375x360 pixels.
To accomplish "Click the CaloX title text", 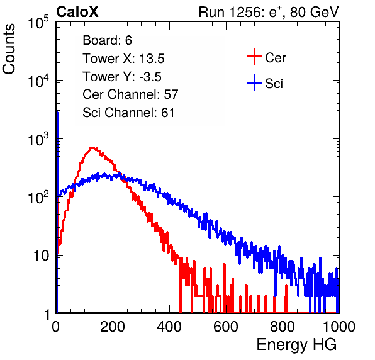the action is coord(77,12).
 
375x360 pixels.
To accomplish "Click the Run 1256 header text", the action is coord(269,12).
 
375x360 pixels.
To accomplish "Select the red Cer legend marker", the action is coord(254,57).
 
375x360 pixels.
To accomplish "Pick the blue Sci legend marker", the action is coord(254,82).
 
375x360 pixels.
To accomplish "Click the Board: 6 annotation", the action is coord(107,40).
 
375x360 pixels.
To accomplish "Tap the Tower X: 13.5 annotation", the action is coord(123,59).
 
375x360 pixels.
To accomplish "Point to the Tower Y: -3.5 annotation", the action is coord(122,77).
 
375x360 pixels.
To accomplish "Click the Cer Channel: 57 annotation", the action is coord(130,94).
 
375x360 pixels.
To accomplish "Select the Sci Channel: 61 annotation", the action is coord(128,113).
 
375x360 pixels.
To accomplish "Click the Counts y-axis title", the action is coord(9,49).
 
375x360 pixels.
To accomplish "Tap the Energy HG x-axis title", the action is coord(296,345).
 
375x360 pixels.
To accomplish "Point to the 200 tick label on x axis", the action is coord(113,327).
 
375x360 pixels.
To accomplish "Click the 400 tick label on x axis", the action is coord(169,327).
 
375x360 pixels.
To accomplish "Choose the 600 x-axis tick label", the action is coord(226,327).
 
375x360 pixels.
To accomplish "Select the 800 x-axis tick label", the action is coord(283,327).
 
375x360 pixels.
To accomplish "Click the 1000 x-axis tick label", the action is coord(339,327).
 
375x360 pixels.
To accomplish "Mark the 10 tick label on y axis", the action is coord(41,256).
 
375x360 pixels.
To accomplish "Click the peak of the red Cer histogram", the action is coord(92,148).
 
